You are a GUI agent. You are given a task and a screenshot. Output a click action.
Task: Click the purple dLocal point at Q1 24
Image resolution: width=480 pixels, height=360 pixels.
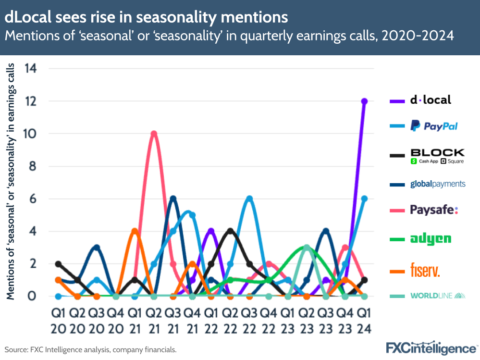(x=364, y=101)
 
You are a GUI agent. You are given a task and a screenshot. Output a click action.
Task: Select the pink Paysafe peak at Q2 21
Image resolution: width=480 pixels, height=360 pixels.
(x=154, y=134)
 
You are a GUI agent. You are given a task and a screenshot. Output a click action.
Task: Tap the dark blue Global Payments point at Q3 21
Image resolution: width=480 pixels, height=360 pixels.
(x=173, y=199)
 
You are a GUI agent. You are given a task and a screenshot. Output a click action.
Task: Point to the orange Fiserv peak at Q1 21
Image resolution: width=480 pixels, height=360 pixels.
(x=135, y=231)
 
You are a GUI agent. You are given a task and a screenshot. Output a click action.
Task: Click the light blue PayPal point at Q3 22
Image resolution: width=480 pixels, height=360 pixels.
(x=249, y=199)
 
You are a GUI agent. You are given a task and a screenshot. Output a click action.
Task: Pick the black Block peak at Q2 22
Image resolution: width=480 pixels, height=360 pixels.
(x=230, y=231)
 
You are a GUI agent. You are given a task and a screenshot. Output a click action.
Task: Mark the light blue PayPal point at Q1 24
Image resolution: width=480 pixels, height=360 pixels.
(x=364, y=199)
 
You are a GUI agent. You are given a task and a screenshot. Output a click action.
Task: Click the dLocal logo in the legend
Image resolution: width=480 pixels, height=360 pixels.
(x=430, y=100)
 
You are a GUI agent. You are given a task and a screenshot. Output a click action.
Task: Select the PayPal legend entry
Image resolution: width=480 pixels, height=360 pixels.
(x=434, y=126)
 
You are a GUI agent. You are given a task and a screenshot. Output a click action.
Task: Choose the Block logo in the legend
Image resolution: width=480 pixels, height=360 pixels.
(x=437, y=156)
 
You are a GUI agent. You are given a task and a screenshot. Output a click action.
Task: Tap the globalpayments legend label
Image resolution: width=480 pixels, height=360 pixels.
(x=438, y=184)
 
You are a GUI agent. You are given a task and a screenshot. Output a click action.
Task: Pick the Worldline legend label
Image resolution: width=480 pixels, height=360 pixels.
(x=438, y=295)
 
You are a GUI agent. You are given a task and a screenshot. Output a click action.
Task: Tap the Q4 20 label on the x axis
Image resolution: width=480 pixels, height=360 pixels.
(x=115, y=321)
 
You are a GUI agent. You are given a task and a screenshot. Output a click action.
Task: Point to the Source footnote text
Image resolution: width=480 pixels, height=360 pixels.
(x=91, y=349)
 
